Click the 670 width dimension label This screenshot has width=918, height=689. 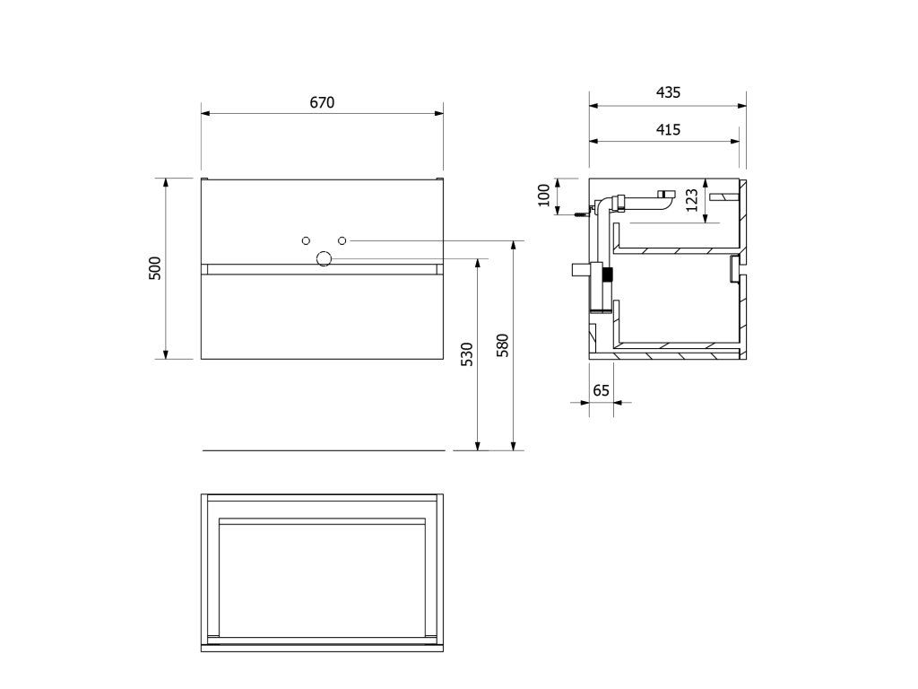pos(322,102)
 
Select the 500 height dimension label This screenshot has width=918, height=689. pos(155,268)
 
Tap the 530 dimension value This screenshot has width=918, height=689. pos(466,354)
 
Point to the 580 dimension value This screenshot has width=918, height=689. pos(503,345)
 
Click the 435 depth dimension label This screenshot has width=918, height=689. pos(668,92)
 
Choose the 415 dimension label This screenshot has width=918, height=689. pos(668,129)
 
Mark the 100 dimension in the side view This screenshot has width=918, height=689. pos(544,195)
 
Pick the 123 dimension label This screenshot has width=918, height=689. pos(692,200)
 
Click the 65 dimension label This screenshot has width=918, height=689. pos(602,390)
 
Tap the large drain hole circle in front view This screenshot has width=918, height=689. pos(324,258)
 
